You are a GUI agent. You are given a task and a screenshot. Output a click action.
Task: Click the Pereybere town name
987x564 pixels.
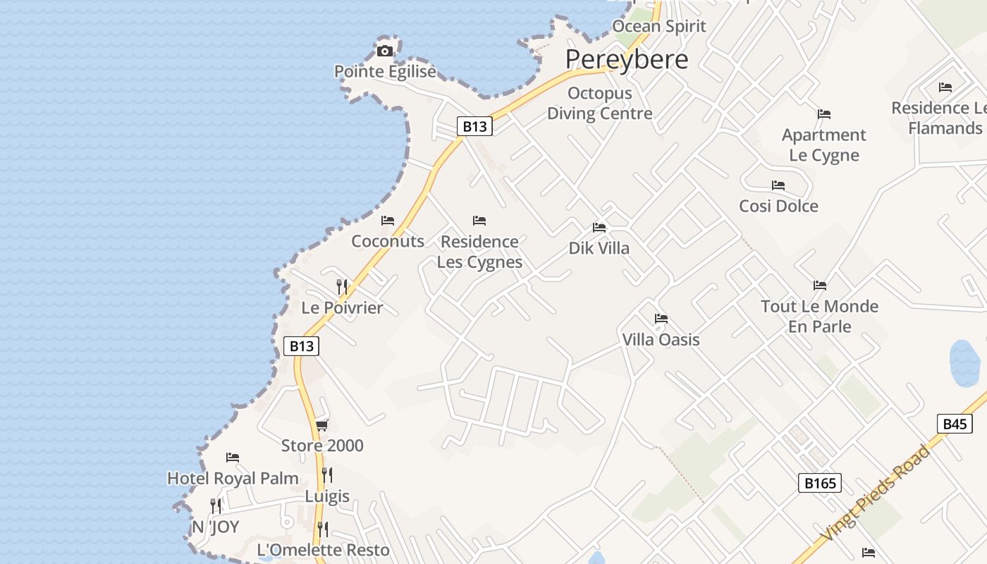626,59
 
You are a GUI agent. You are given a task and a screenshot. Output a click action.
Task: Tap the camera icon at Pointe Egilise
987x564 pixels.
384,51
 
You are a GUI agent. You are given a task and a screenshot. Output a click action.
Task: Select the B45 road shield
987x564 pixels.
954,424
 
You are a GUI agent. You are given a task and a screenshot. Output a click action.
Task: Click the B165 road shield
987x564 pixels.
820,483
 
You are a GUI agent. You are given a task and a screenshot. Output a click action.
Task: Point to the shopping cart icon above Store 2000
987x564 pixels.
322,424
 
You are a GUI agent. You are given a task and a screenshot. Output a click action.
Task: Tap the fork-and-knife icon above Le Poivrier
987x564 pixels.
342,286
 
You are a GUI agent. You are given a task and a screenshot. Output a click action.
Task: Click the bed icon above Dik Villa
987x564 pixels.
599,228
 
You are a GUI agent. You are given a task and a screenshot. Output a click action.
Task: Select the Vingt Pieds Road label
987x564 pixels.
876,493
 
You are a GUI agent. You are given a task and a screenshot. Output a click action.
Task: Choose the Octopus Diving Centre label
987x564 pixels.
600,103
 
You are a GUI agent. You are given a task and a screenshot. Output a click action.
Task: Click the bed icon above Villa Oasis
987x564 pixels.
661,319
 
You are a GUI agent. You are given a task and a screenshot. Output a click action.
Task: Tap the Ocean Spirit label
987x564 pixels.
658,27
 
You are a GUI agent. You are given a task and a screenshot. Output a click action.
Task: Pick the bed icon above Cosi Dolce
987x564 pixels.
778,185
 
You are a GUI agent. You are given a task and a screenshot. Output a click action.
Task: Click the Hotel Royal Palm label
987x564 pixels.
233,479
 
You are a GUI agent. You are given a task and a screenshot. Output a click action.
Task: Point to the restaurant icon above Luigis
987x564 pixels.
326,475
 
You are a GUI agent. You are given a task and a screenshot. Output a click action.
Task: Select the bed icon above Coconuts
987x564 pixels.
388,221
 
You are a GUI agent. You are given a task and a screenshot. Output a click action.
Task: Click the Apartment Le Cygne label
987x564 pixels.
823,145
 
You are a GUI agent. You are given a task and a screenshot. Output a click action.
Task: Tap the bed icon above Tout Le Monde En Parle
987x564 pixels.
819,286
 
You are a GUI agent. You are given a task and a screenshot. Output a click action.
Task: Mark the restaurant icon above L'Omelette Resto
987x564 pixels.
323,529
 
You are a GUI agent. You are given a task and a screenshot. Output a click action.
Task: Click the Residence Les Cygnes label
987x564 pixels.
479,252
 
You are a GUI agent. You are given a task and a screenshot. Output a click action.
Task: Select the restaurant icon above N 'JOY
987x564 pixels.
216,505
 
